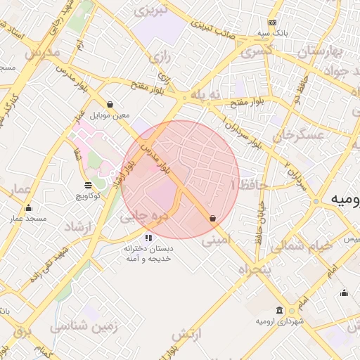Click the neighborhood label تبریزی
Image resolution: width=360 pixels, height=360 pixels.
[152, 11]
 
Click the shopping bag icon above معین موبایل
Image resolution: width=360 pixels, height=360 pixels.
[110, 104]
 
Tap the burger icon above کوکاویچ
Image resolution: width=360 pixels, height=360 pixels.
[87, 185]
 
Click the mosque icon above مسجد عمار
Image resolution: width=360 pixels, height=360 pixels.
[28, 208]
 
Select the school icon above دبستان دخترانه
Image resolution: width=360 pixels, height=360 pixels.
[148, 238]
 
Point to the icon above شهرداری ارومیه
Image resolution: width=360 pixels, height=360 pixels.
[280, 310]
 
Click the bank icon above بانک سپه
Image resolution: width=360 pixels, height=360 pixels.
[273, 23]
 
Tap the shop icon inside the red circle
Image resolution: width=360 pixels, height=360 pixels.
[212, 219]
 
